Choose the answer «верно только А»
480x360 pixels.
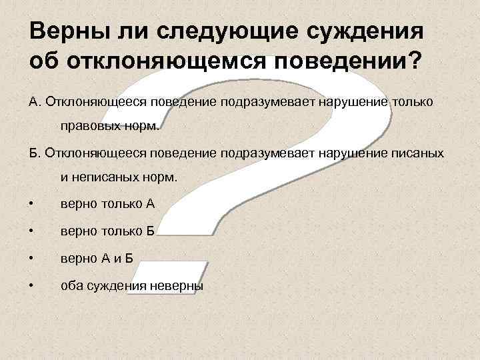(107, 203)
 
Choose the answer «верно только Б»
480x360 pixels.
(107, 231)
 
